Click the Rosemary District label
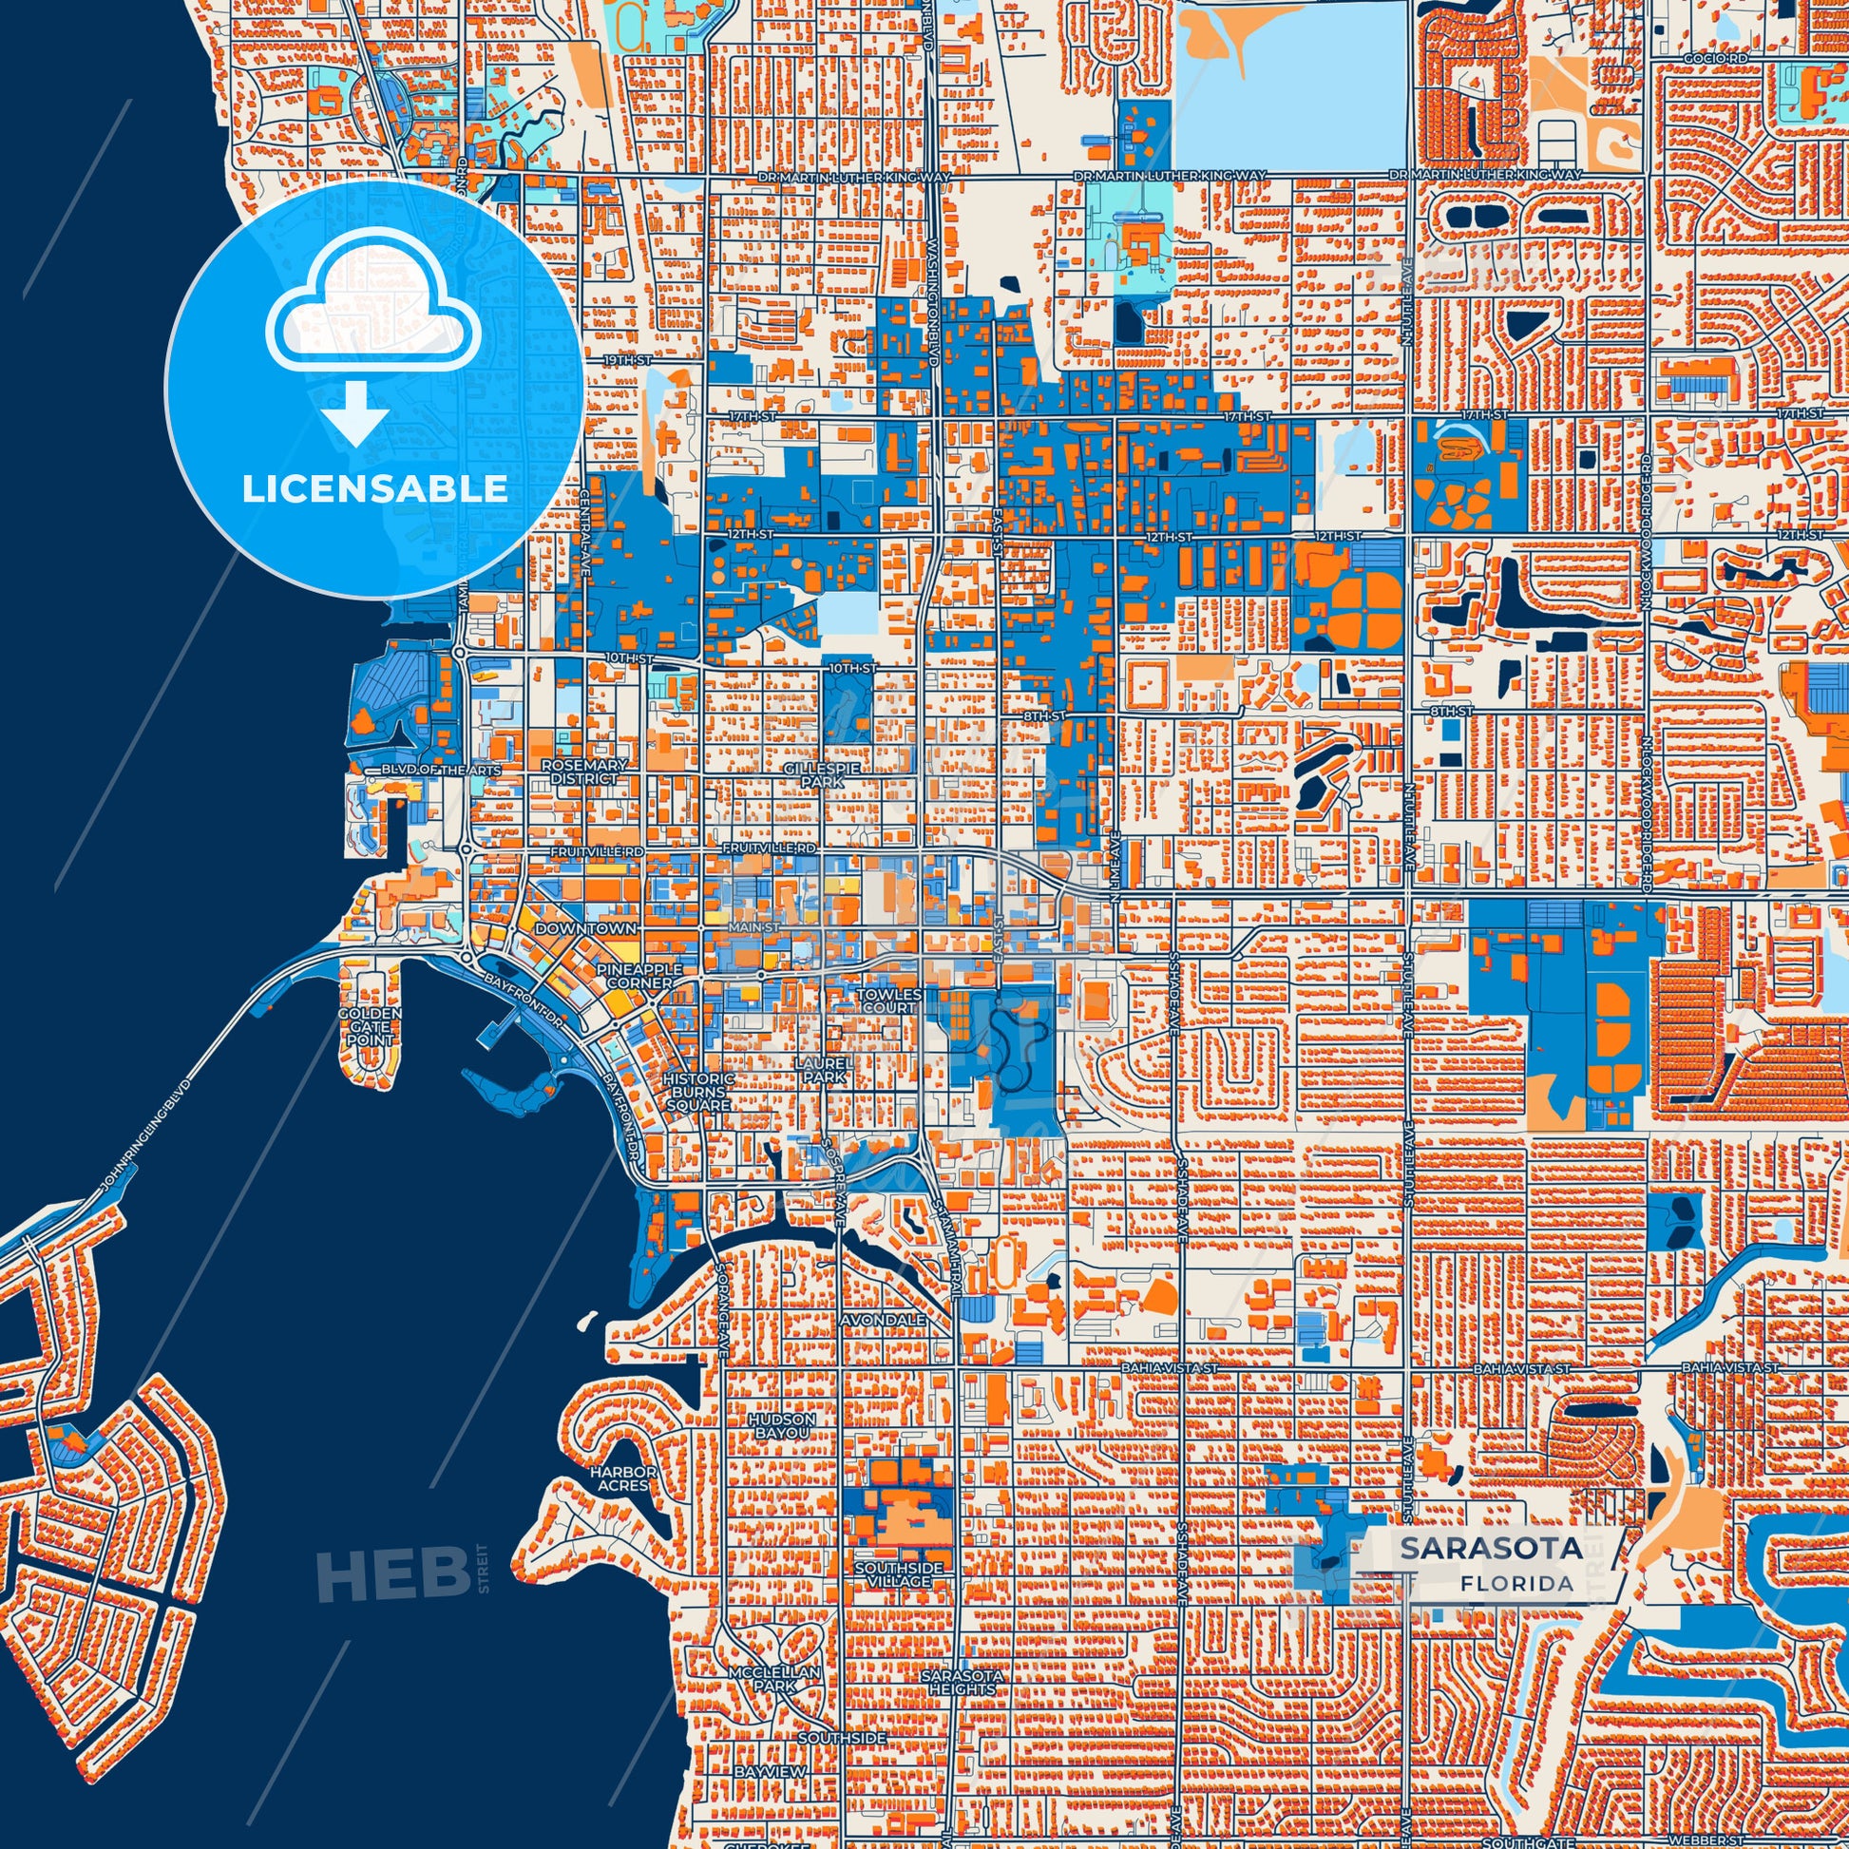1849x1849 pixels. (x=583, y=772)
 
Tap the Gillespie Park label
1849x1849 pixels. (x=823, y=775)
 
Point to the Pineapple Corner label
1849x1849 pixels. (x=640, y=976)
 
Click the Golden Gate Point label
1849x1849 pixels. (x=370, y=1026)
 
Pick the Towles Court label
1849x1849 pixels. (x=890, y=1001)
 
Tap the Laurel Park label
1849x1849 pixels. (x=824, y=1070)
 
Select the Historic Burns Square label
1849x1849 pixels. (x=698, y=1091)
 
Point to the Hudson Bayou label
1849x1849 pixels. (x=782, y=1426)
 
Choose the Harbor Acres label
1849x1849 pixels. (x=623, y=1478)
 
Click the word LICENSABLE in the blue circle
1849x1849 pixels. (x=374, y=489)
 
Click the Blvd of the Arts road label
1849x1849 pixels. (x=427, y=770)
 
